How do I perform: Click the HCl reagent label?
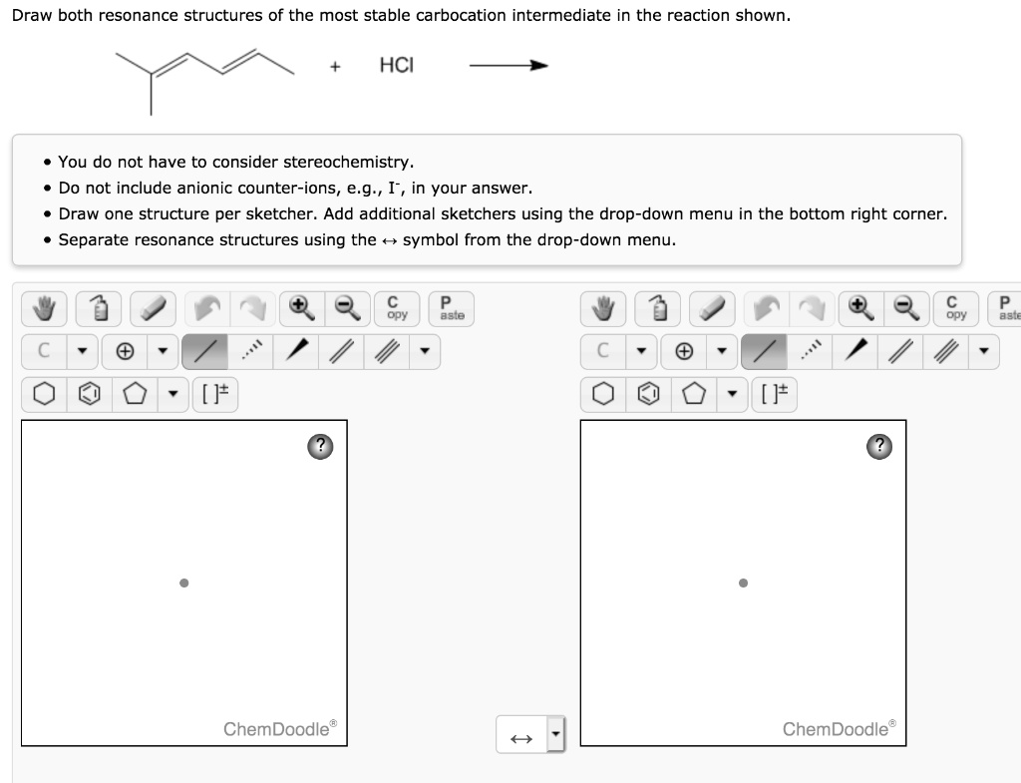point(396,66)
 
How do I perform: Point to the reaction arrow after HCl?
point(509,67)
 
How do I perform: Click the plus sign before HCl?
point(337,67)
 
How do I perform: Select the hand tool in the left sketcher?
point(43,309)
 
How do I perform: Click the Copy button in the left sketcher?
point(395,309)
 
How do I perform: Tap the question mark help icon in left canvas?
point(320,446)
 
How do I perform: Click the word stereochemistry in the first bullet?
point(346,162)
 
